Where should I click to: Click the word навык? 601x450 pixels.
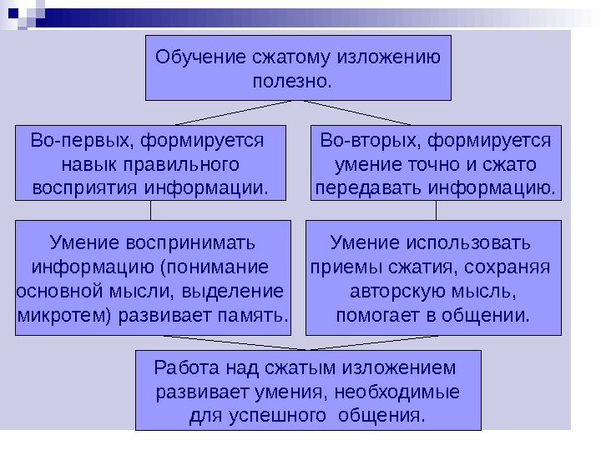click(x=89, y=163)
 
